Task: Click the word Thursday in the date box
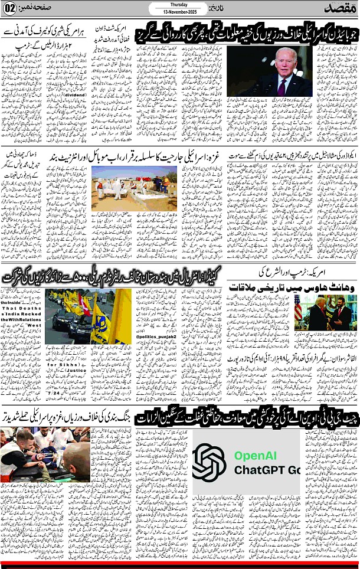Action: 180,5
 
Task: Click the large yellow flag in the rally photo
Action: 118,317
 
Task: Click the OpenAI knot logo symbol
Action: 209,462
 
